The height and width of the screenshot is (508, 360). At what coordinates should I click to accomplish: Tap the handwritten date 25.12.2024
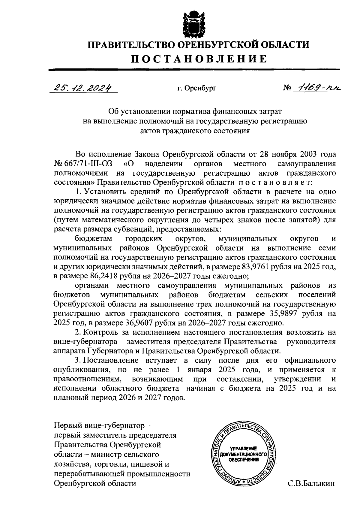click(x=82, y=88)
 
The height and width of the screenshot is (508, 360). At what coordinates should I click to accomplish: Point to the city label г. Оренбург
click(x=196, y=88)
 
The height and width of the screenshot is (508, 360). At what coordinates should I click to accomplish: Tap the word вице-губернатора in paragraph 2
click(x=87, y=342)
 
